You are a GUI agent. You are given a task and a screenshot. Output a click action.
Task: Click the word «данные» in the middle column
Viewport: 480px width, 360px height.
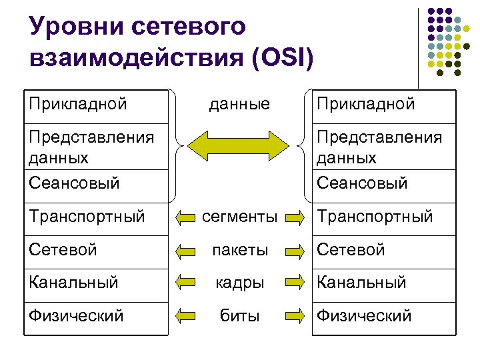[239, 105]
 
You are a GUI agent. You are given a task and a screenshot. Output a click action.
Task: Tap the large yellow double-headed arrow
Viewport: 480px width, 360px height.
[239, 145]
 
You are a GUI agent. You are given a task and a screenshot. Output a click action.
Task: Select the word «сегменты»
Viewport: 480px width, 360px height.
[239, 217]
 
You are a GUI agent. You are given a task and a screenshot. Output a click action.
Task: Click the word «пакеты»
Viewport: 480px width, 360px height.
[239, 251]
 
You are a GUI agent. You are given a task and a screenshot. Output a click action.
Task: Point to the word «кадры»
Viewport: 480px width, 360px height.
[239, 283]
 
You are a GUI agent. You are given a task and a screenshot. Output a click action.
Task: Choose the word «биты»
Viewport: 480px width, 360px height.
[239, 316]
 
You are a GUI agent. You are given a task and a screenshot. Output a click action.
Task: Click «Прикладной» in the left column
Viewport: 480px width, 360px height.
[78, 104]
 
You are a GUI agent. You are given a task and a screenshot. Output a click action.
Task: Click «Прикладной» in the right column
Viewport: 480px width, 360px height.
[365, 104]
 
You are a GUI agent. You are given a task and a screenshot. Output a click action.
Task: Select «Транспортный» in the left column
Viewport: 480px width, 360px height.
[87, 217]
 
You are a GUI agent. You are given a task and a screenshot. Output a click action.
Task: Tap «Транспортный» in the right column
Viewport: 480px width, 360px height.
[375, 217]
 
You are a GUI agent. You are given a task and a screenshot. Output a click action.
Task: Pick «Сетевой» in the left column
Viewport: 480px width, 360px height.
[63, 250]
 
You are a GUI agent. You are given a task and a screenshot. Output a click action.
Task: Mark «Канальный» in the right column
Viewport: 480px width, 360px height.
[361, 283]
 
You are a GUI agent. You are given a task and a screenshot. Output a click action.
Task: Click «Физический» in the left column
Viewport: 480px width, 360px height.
[76, 316]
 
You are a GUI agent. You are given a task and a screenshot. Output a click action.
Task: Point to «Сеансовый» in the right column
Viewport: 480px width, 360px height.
[362, 183]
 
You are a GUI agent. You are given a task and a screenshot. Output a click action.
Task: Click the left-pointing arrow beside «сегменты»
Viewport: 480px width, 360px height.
[185, 217]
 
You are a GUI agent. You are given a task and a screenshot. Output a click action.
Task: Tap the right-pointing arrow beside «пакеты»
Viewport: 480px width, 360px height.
[295, 251]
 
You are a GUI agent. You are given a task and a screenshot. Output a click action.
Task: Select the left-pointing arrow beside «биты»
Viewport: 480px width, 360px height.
[185, 316]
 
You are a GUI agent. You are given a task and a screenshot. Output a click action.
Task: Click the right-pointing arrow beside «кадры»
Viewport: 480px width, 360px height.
[295, 283]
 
